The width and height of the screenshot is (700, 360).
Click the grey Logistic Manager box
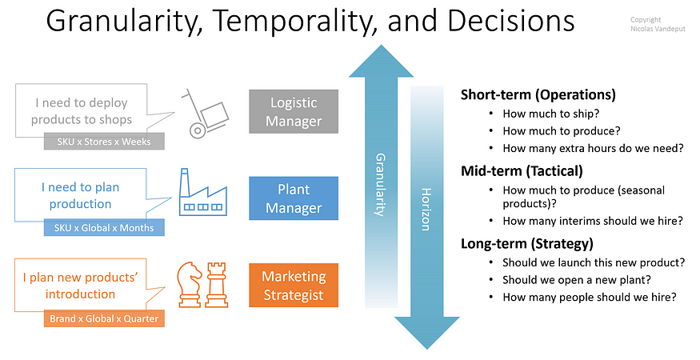[294, 112]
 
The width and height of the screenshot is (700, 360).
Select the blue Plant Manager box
[294, 198]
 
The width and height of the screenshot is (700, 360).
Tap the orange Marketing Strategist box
[294, 286]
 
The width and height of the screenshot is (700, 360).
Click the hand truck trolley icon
[205, 113]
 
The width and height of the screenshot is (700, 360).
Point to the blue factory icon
[202, 193]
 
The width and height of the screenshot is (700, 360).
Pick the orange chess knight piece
[190, 285]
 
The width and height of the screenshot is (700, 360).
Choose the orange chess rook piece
[217, 285]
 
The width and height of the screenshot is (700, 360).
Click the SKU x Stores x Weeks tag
[104, 142]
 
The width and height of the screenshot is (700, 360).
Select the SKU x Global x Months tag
[104, 228]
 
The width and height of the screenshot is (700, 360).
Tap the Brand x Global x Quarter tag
[104, 318]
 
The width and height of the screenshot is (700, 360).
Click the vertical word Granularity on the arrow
[380, 185]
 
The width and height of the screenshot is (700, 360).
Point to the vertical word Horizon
[426, 210]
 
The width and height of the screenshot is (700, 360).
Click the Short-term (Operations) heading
[538, 94]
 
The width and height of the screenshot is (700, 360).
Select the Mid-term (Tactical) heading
[522, 171]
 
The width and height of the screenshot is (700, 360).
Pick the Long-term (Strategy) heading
[526, 244]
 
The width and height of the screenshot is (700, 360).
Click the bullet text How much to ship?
[551, 114]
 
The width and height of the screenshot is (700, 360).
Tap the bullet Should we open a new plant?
[577, 280]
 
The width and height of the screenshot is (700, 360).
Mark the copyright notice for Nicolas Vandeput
[658, 24]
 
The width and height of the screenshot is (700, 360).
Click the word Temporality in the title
[294, 21]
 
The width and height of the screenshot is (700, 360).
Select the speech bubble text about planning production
[80, 196]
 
